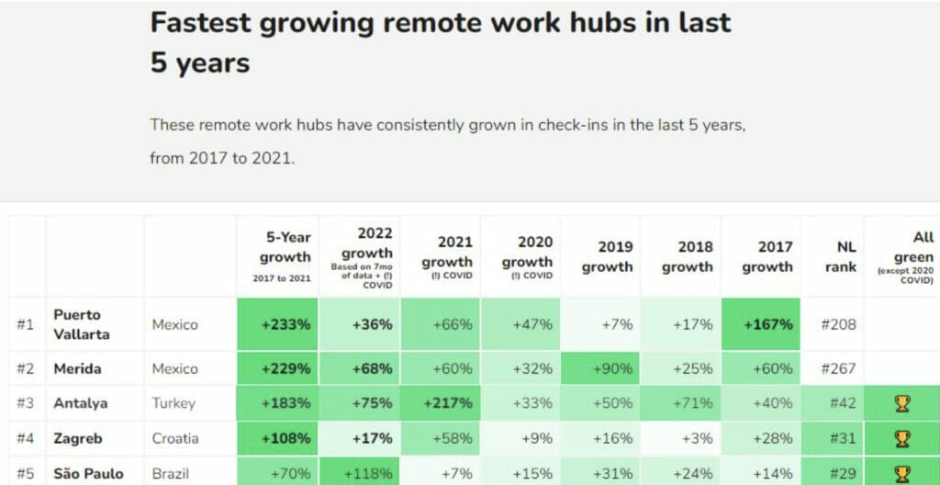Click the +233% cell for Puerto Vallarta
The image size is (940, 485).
[285, 324]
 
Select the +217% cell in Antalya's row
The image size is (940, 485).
[447, 403]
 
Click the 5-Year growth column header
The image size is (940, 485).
[285, 256]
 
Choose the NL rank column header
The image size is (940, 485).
[840, 256]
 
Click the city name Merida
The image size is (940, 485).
[77, 368]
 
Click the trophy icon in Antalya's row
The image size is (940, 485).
[901, 403]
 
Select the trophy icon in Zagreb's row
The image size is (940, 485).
[901, 438]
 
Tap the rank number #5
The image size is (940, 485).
[26, 474]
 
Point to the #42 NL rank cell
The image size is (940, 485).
[839, 403]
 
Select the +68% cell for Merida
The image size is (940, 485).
[371, 368]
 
